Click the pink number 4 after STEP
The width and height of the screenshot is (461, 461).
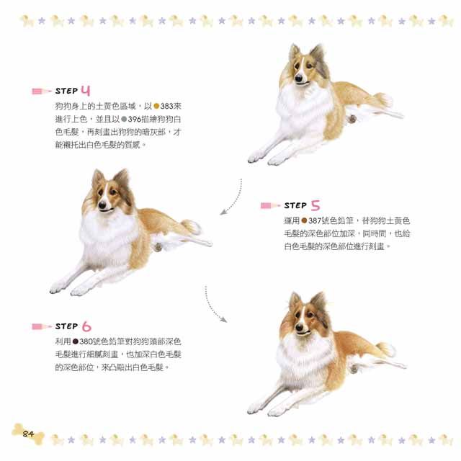86,91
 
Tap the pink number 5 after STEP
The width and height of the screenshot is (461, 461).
315,205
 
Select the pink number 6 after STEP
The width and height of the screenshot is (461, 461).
86,326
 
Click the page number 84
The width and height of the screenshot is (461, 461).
28,434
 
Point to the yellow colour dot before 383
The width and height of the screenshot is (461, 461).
156,106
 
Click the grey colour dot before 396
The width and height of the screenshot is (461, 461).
124,119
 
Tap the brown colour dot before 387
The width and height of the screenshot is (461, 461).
304,220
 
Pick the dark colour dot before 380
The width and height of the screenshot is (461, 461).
76,341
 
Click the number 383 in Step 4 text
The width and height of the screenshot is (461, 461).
166,106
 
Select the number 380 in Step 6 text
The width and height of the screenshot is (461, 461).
86,341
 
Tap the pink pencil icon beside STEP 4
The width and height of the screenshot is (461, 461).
42,91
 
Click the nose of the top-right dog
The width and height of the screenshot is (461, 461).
299,79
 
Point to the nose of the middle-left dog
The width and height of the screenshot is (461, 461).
102,205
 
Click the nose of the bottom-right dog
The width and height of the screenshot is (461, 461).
300,327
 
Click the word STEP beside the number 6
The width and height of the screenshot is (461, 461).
67,326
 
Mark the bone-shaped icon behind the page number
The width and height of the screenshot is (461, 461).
28,434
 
